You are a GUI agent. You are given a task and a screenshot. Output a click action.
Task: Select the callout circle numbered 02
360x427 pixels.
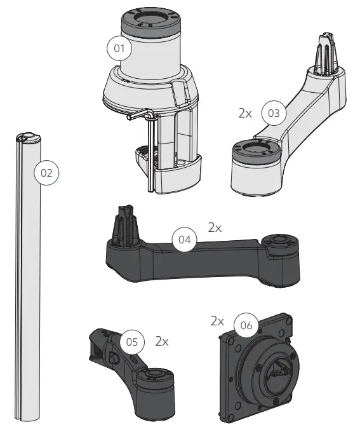click(46, 172)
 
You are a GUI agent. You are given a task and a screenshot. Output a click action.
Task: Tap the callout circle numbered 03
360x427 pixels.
click(274, 114)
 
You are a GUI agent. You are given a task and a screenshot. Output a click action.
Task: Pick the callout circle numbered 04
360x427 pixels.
click(184, 240)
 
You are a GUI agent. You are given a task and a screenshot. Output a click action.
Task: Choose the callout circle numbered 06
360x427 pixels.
click(247, 325)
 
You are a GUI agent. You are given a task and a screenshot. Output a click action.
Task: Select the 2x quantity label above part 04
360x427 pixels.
click(215, 227)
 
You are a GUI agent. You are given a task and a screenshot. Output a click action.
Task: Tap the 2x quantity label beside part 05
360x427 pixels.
click(161, 341)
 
